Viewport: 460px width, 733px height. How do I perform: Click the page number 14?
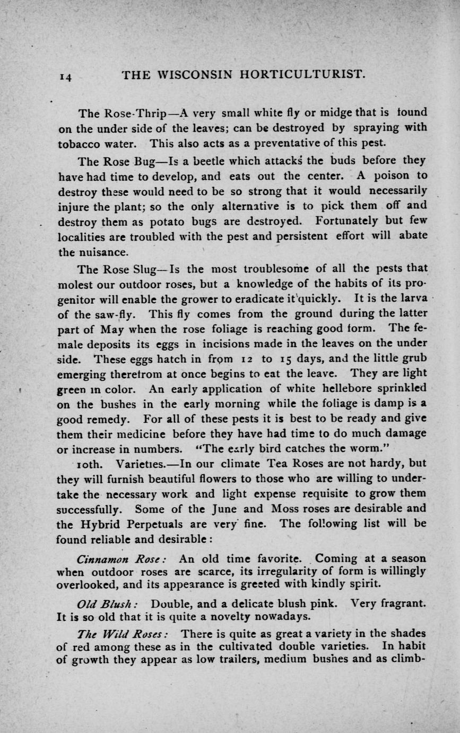click(66, 78)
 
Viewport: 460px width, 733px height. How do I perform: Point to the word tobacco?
click(77, 143)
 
